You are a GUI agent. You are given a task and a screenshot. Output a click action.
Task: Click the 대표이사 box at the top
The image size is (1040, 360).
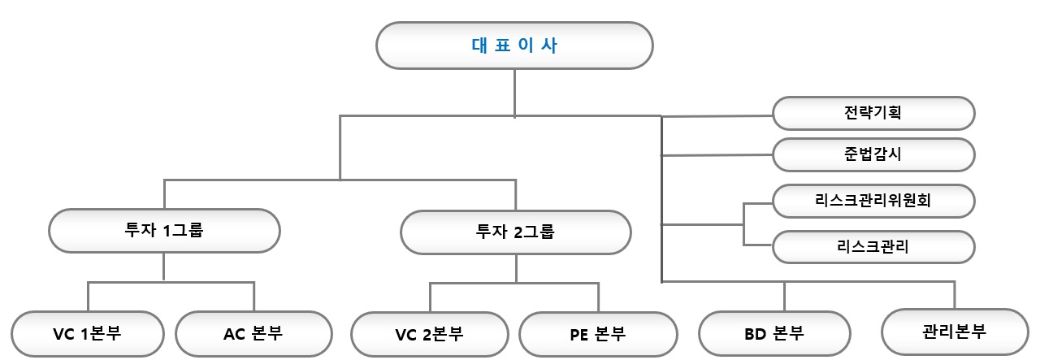pyautogui.click(x=514, y=46)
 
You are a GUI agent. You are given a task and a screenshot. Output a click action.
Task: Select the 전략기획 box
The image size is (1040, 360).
pyautogui.click(x=873, y=114)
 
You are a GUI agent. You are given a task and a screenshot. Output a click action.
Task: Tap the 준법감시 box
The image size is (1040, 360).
pyautogui.click(x=873, y=154)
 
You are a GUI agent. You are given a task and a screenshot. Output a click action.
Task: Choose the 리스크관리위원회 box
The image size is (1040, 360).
pyautogui.click(x=873, y=201)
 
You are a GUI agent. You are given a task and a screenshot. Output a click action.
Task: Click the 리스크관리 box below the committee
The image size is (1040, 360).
pyautogui.click(x=873, y=247)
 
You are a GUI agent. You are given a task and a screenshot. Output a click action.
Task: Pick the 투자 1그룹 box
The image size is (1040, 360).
pyautogui.click(x=164, y=231)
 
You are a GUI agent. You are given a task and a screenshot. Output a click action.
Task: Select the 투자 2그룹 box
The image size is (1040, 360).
pyautogui.click(x=515, y=231)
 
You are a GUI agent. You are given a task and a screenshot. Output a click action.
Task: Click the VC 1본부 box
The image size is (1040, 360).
pyautogui.click(x=88, y=333)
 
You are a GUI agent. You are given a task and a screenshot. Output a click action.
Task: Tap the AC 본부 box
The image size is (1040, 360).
pyautogui.click(x=253, y=333)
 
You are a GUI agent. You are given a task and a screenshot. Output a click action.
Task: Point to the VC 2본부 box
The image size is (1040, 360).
pyautogui.click(x=430, y=334)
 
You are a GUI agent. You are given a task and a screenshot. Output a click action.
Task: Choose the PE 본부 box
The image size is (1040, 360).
pyautogui.click(x=597, y=334)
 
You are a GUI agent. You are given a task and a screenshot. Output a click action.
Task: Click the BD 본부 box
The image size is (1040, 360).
pyautogui.click(x=774, y=333)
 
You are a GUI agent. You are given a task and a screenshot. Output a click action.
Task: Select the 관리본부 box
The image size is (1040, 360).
pyautogui.click(x=954, y=332)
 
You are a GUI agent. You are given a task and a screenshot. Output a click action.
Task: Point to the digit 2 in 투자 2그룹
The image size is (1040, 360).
pyautogui.click(x=518, y=231)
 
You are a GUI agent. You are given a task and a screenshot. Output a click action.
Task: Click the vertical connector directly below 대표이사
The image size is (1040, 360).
pyautogui.click(x=514, y=93)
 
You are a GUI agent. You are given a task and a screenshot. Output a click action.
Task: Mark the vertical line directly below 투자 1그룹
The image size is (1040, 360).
pyautogui.click(x=164, y=267)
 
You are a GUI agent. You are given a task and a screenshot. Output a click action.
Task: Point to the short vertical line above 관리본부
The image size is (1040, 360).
pyautogui.click(x=954, y=294)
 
